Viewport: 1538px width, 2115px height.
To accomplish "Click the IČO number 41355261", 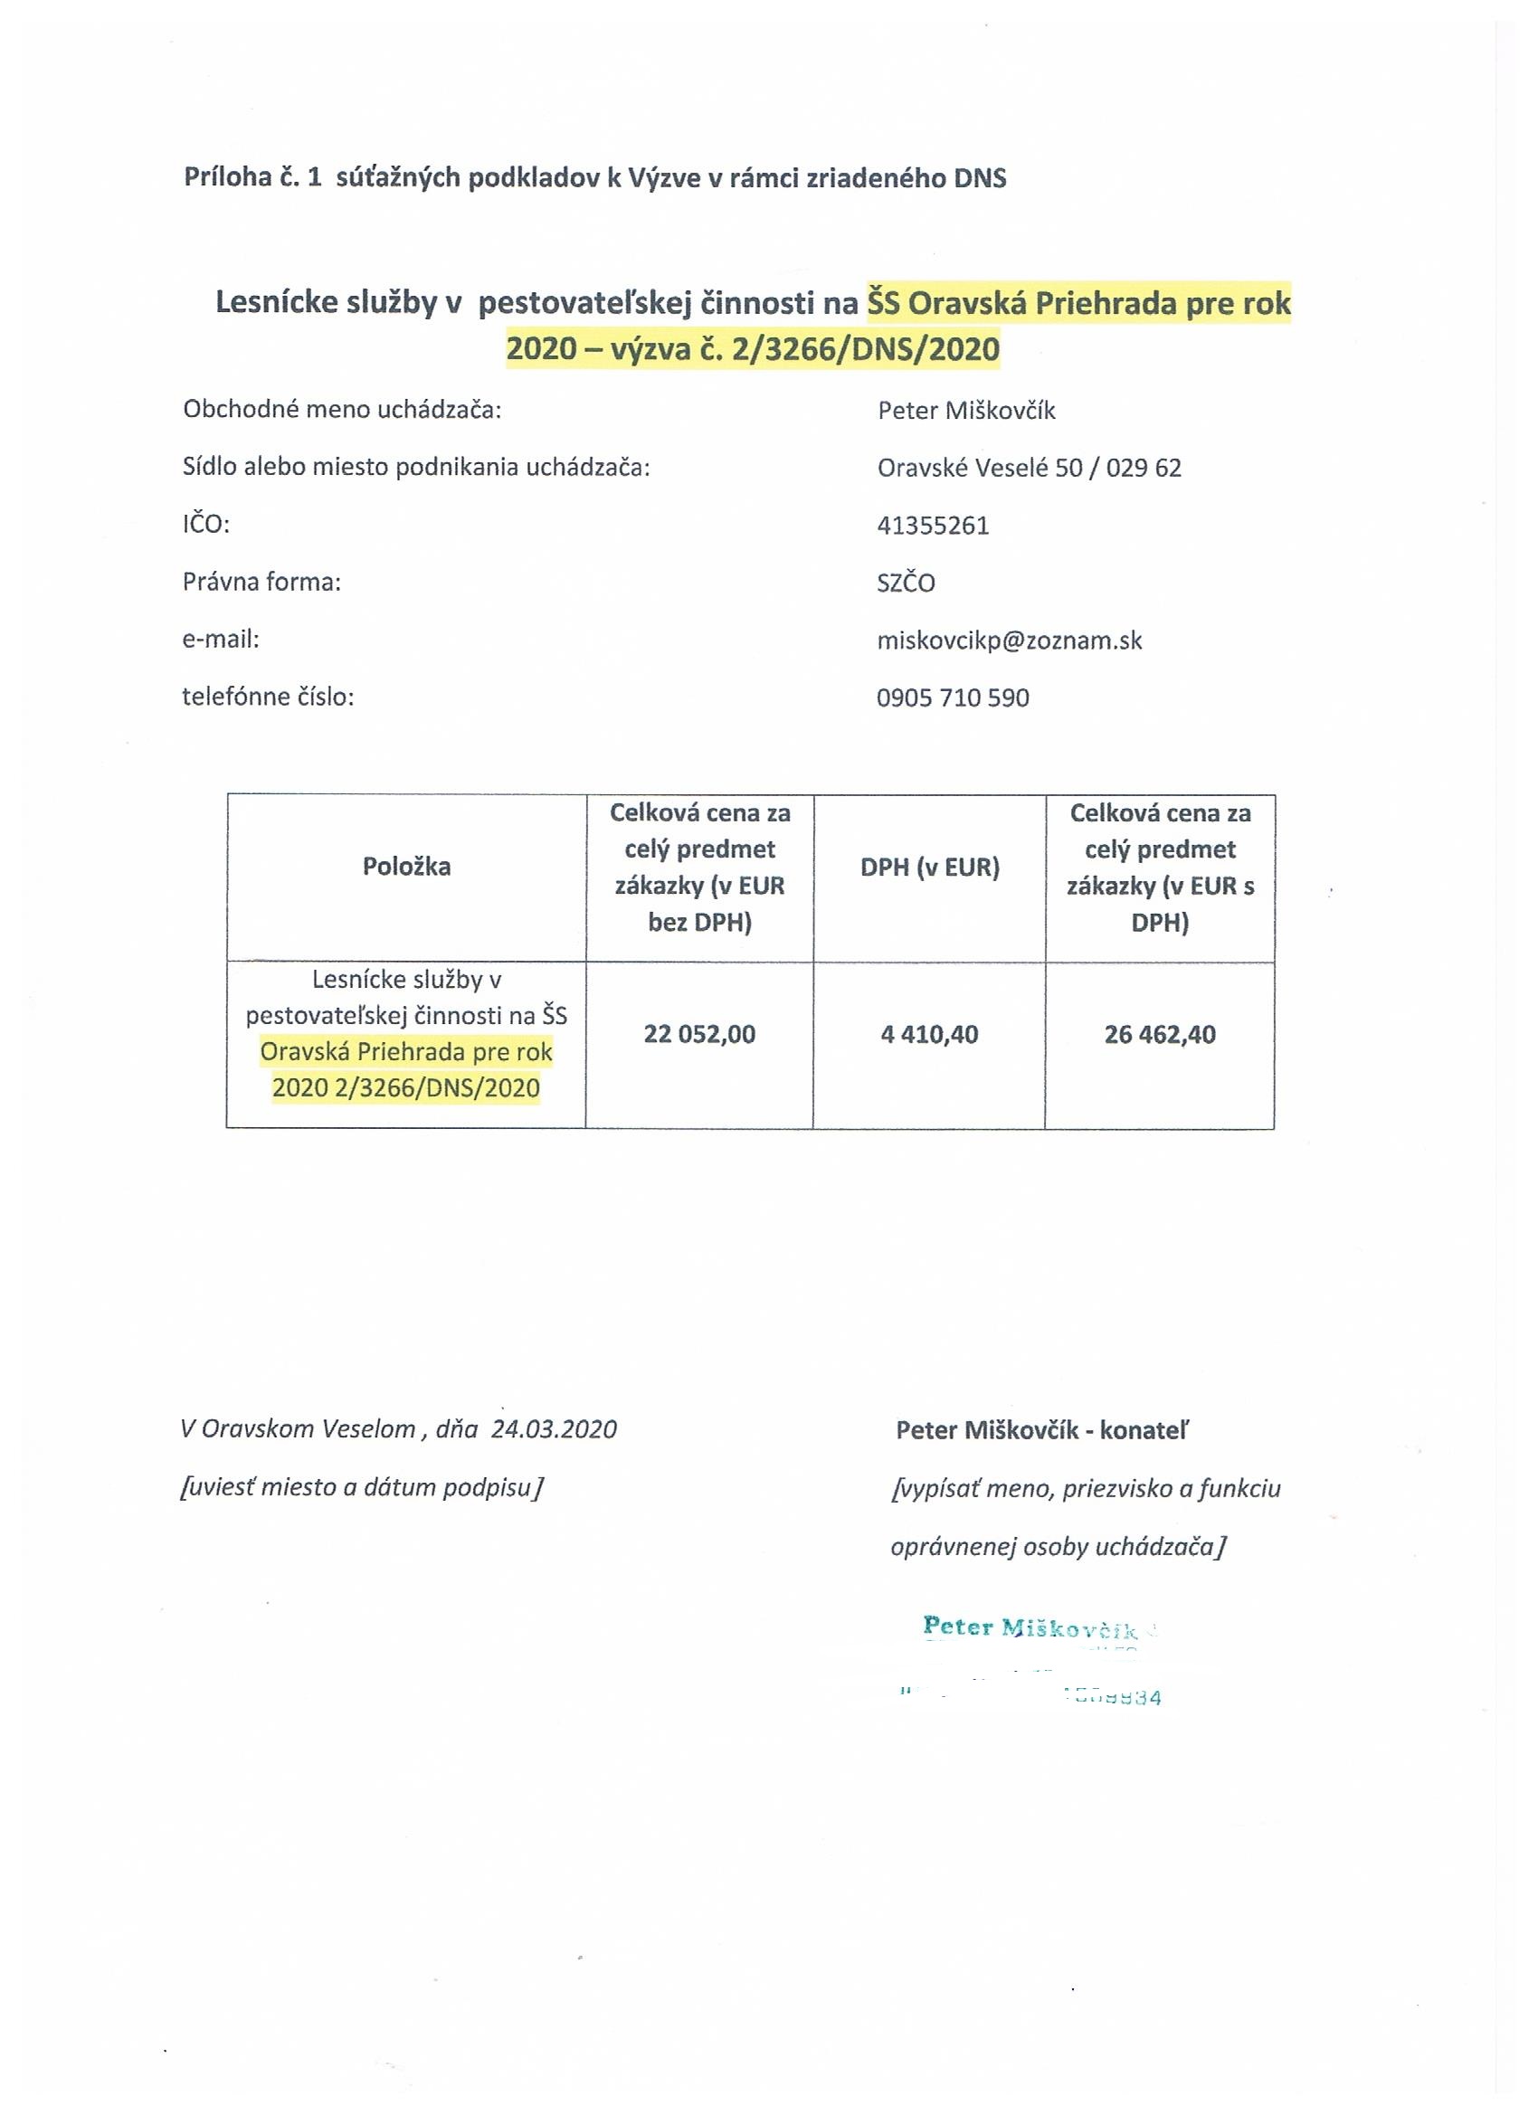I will (x=932, y=525).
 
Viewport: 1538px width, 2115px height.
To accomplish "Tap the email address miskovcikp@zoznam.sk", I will (x=1009, y=640).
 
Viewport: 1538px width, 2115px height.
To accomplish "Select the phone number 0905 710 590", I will (x=953, y=697).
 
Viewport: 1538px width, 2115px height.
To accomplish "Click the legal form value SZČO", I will (x=906, y=583).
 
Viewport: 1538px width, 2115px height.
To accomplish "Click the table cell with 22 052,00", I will (x=699, y=1034).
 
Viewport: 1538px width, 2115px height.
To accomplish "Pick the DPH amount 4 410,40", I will (x=929, y=1034).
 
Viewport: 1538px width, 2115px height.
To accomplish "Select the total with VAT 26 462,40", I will (x=1159, y=1034).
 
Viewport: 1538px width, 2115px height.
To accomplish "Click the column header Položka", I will (x=405, y=867).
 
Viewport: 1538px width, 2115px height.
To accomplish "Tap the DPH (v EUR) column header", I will (x=929, y=868).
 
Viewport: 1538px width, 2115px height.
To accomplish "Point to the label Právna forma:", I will (x=261, y=583).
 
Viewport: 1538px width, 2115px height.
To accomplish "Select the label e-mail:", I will (x=220, y=640).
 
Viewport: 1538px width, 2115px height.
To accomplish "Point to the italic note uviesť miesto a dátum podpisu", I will (x=361, y=1487).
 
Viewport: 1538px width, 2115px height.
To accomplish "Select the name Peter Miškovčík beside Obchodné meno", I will (x=965, y=411).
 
